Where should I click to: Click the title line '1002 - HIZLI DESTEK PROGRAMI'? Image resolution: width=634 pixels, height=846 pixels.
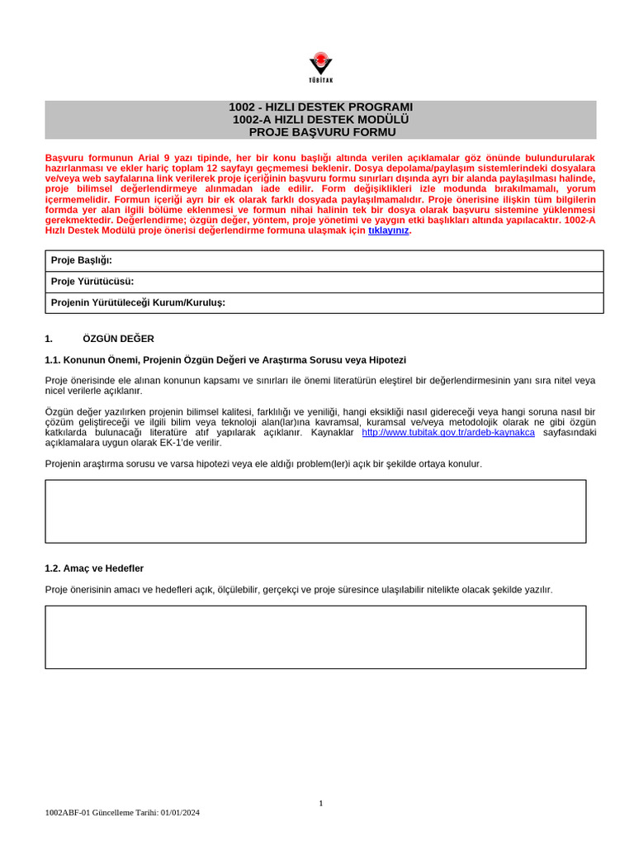point(320,107)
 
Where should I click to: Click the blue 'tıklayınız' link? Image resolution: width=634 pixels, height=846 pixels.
point(388,231)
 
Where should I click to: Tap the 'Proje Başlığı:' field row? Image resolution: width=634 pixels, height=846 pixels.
point(324,261)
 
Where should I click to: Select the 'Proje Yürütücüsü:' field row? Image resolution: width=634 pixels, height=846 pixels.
point(324,282)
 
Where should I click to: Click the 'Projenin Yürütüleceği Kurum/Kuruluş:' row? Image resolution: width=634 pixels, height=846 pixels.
point(324,303)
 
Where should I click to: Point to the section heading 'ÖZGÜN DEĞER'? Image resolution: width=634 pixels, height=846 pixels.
point(118,339)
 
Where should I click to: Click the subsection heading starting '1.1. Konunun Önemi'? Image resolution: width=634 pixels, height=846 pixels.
point(225,360)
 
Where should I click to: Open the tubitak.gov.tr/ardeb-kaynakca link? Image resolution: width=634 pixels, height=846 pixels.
point(447,432)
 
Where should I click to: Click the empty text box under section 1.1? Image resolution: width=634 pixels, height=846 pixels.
point(315,511)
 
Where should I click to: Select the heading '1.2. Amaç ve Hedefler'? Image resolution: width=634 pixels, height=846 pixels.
point(94,568)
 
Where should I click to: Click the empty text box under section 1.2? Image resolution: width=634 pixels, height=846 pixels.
point(315,637)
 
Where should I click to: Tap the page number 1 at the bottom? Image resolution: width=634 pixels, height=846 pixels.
point(320,803)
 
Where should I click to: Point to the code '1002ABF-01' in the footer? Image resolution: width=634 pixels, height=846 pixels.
point(67,812)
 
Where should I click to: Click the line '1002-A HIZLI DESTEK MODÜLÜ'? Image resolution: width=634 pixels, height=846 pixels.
point(320,120)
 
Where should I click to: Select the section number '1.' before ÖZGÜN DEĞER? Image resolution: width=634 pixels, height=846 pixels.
point(49,339)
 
